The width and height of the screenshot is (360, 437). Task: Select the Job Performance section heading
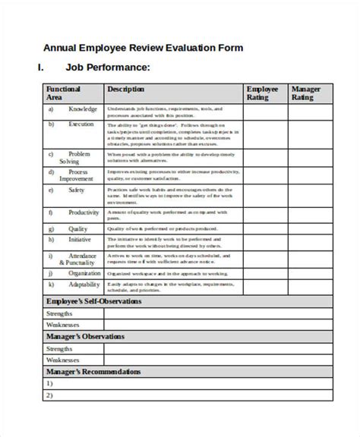(x=107, y=68)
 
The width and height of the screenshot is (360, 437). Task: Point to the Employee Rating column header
(x=262, y=93)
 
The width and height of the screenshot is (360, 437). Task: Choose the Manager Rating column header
(x=307, y=93)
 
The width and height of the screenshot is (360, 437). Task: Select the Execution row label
(x=81, y=124)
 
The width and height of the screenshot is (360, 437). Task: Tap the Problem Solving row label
(x=80, y=157)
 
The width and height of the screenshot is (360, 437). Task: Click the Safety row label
(x=77, y=190)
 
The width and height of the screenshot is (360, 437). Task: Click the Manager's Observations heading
(x=85, y=336)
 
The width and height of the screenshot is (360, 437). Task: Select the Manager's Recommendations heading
(x=93, y=372)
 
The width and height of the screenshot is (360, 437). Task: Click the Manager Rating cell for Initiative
(x=309, y=243)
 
